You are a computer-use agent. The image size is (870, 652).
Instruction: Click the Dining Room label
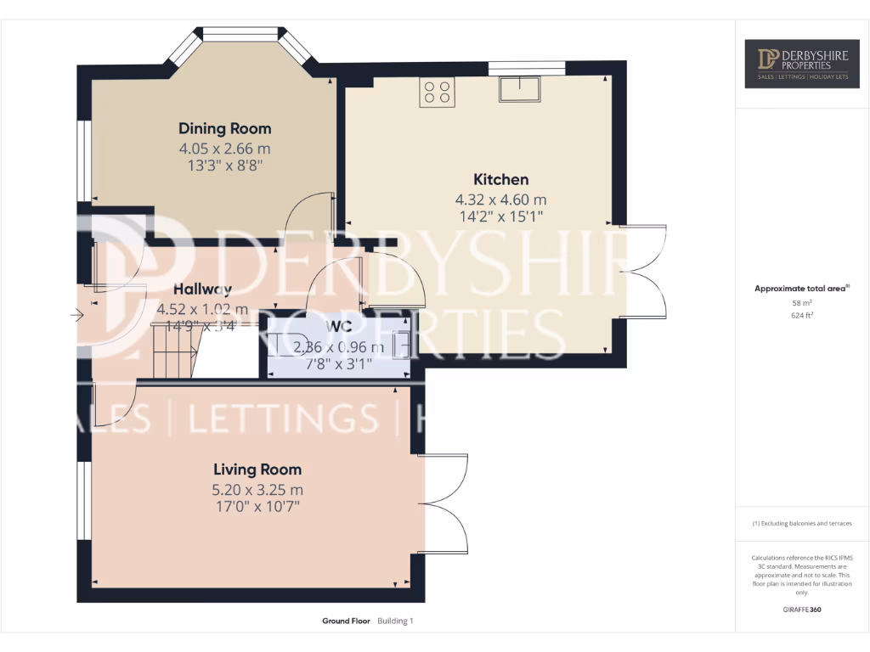pos(224,128)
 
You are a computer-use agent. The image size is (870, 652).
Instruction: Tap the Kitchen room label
pos(500,179)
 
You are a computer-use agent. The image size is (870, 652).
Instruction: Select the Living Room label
pos(257,469)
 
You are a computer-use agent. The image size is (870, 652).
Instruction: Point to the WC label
pos(338,328)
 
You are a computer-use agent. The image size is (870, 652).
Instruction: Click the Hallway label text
pos(202,289)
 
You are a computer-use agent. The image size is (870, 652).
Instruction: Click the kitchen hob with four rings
pos(437,92)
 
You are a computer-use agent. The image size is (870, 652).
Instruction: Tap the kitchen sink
pos(520,88)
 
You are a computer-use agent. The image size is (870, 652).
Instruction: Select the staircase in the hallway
pos(173,352)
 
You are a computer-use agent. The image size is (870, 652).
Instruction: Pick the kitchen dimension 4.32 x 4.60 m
pos(500,200)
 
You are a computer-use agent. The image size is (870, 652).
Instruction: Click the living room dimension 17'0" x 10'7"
pos(257,507)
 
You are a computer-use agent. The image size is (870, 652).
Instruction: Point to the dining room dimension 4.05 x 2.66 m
pos(224,149)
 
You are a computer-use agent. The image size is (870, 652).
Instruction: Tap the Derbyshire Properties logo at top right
pos(801,63)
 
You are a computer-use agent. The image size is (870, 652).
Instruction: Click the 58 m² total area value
pos(802,302)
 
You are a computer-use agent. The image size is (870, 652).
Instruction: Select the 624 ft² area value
pos(802,315)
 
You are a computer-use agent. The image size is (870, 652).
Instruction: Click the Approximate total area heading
pos(801,289)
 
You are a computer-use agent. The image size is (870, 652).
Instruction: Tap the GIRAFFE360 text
pos(802,610)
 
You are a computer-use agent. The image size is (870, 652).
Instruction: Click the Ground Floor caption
pos(346,621)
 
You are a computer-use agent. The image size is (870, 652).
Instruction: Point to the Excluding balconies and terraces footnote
pos(802,524)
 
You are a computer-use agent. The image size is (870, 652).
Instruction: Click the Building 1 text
pos(395,621)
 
